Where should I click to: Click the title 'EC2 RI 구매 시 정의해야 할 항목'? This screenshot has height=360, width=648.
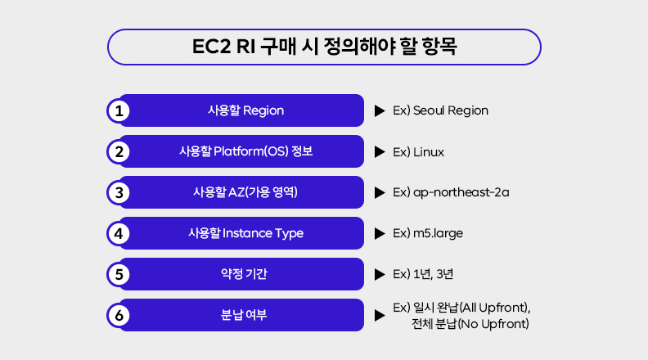324,46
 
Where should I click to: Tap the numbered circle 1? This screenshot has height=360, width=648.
119,110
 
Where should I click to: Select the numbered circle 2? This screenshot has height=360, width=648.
119,151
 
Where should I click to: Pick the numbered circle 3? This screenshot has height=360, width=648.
119,192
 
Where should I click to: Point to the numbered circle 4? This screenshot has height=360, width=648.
119,233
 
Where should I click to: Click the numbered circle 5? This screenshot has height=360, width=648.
119,274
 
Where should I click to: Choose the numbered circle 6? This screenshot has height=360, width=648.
119,315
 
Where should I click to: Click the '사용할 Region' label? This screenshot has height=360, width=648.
245,110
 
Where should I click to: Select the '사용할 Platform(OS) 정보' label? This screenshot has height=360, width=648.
245,151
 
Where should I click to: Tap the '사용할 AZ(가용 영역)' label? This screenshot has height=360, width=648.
245,192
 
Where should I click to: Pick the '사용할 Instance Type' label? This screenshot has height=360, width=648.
245,233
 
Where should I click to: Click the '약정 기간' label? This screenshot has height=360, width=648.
245,274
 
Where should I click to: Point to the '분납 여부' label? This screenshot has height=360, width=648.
245,315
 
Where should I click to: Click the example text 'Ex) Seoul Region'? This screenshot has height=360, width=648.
440,110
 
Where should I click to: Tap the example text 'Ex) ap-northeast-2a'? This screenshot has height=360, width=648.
452,192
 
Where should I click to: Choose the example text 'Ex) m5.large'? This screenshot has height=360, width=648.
428,233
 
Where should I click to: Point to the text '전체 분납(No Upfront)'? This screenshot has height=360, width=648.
470,324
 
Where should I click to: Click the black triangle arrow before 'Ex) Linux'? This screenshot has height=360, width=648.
379,151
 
